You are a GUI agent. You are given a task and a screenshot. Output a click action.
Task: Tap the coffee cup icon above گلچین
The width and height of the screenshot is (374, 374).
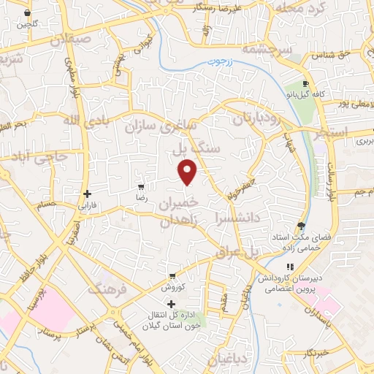point(28,14)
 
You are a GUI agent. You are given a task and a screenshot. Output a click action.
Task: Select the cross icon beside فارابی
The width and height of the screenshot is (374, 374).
point(88,194)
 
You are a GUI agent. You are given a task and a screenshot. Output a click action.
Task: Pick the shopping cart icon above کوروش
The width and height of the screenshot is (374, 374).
point(172,276)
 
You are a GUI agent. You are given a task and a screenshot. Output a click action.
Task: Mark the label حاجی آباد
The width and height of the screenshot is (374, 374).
point(41,156)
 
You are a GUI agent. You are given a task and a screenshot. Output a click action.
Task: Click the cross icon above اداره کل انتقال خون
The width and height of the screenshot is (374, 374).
point(171,304)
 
